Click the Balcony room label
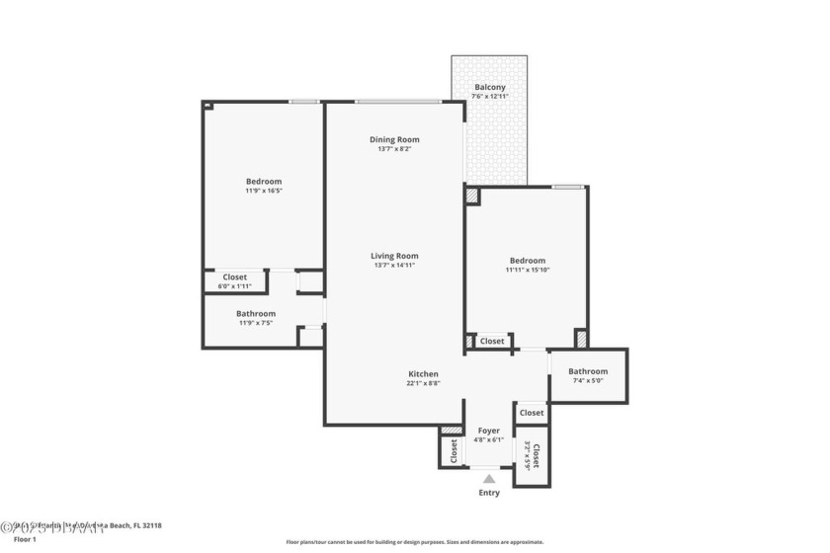coord(490,87)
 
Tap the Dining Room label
coord(394,139)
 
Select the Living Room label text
coord(394,256)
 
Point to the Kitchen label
coord(423,373)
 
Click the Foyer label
coord(488,431)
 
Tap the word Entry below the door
coord(489,493)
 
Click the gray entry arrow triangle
coord(489,479)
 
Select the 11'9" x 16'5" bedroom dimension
coord(264,191)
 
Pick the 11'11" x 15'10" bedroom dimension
coord(526,270)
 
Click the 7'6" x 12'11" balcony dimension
coord(490,97)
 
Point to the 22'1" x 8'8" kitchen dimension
coord(423,383)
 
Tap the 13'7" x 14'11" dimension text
coord(394,265)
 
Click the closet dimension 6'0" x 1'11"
coord(234,286)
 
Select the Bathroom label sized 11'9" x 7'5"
coord(256,313)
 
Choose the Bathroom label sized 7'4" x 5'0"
coord(588,371)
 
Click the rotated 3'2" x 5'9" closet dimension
coord(528,454)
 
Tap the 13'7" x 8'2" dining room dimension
coord(394,148)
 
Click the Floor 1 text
coord(25,539)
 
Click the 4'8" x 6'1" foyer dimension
coord(488,440)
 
